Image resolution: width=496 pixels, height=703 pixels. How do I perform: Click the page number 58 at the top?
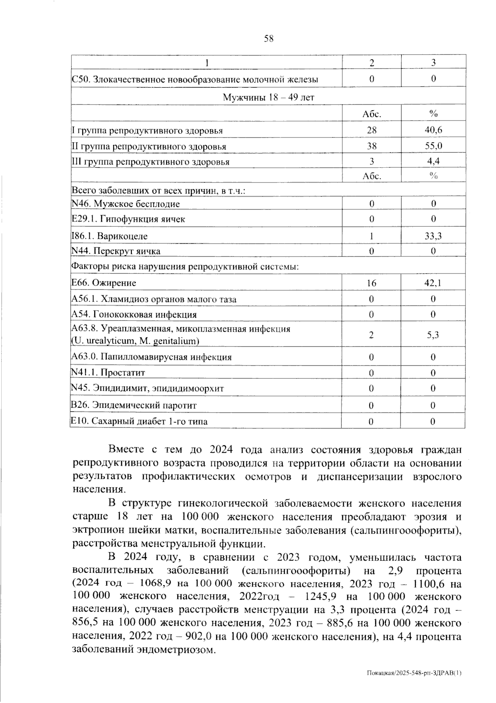269,39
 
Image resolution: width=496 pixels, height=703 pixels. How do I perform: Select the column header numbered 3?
433,63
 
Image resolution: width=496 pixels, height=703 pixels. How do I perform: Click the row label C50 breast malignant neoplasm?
195,79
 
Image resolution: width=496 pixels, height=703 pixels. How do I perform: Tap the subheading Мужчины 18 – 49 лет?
268,97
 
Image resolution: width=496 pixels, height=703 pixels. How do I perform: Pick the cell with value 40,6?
433,130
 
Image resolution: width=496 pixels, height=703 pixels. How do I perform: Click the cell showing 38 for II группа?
371,146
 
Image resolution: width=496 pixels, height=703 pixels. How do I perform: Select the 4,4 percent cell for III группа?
433,161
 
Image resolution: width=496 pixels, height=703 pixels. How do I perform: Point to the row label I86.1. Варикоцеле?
110,236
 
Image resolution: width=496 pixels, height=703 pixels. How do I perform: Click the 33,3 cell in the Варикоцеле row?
433,236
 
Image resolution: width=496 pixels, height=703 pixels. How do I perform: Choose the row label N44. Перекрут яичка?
116,251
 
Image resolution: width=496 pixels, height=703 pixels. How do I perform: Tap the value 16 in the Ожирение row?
371,283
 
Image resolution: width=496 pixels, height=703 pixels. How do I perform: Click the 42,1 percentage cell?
433,283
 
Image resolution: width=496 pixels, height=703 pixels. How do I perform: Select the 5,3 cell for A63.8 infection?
433,335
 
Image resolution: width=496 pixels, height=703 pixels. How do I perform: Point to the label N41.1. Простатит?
108,373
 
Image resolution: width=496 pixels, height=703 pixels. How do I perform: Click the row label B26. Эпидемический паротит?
134,405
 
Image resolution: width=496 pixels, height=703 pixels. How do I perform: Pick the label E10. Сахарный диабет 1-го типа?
139,421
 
